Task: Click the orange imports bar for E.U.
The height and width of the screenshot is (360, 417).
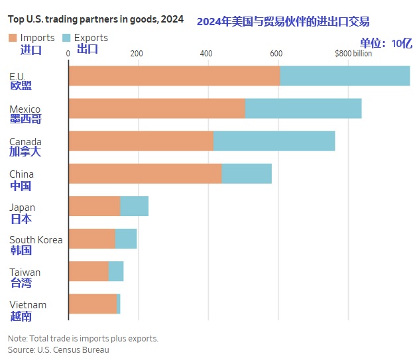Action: pyautogui.click(x=174, y=76)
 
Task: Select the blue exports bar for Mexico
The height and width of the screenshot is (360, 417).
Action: pyautogui.click(x=303, y=108)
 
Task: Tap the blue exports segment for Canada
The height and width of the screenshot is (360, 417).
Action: pyautogui.click(x=274, y=141)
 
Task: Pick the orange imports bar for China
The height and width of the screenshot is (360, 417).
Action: pyautogui.click(x=145, y=173)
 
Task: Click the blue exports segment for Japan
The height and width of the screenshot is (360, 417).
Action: pyautogui.click(x=134, y=206)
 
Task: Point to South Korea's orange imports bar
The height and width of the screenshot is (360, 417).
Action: pyautogui.click(x=91, y=239)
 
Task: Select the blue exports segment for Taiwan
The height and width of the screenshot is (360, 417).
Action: pyautogui.click(x=115, y=271)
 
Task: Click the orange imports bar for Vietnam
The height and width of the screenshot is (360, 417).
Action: pyautogui.click(x=92, y=304)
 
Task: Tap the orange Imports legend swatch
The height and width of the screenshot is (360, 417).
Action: pyautogui.click(x=13, y=38)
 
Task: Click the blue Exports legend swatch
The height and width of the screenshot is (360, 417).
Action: pyautogui.click(x=66, y=38)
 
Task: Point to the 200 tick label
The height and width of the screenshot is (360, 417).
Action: pyautogui.click(x=137, y=53)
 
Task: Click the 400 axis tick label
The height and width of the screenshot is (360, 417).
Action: pyautogui.click(x=206, y=53)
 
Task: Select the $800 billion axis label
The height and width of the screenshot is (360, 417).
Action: pyautogui.click(x=353, y=53)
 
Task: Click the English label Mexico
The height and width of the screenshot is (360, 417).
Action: pyautogui.click(x=25, y=109)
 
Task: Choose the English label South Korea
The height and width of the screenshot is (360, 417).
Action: pyautogui.click(x=36, y=239)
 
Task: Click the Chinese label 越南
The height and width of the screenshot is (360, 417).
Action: pyautogui.click(x=21, y=316)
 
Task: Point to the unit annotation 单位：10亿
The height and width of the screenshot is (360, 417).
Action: pyautogui.click(x=386, y=43)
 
